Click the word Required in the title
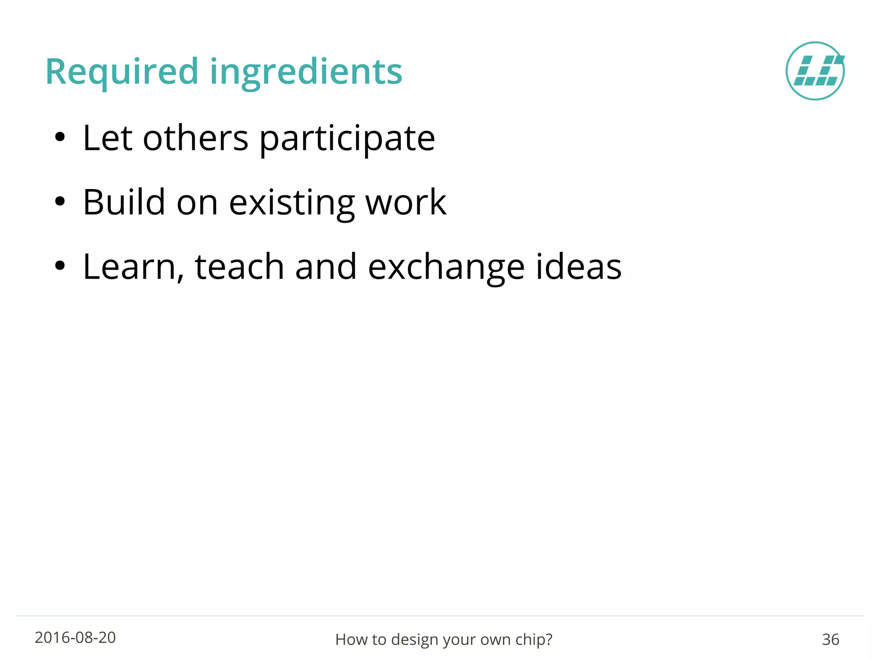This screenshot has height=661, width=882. [x=122, y=72]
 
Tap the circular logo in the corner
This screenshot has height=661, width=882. [x=815, y=71]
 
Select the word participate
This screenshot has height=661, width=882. [x=347, y=139]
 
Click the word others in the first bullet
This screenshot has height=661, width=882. [x=196, y=139]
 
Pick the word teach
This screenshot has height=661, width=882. [x=239, y=267]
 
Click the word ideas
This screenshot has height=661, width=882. [x=578, y=267]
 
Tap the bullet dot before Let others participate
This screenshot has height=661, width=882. [x=60, y=138]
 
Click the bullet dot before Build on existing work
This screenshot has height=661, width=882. [x=60, y=202]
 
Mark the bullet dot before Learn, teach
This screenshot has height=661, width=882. [x=60, y=266]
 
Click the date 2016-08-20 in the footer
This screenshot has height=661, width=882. [x=75, y=638]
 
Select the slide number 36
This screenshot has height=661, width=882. [x=830, y=639]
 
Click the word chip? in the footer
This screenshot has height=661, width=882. [x=534, y=640]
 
